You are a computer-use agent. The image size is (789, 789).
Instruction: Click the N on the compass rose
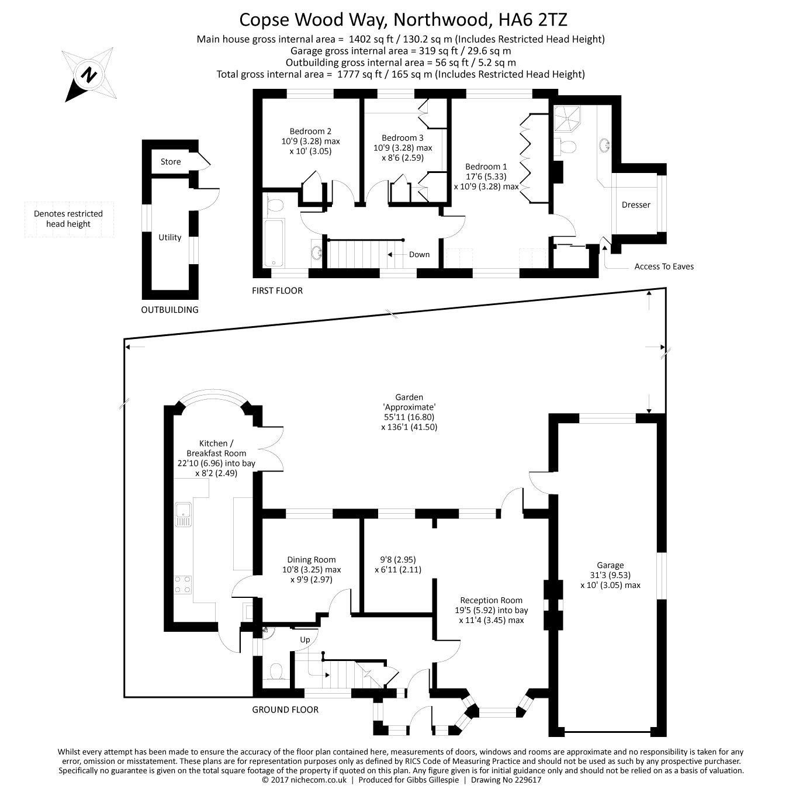coord(89,75)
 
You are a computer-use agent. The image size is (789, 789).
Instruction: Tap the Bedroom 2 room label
coord(310,131)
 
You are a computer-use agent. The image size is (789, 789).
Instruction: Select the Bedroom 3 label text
coord(403,138)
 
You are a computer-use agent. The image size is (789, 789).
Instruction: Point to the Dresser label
coord(636,205)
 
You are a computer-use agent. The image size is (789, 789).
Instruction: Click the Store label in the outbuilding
coord(171,162)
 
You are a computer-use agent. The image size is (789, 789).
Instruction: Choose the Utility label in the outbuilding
coord(170,237)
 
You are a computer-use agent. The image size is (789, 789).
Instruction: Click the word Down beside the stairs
coord(419,254)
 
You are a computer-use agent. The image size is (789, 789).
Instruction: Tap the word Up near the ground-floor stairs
coord(305,639)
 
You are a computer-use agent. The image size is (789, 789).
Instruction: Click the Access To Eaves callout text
coord(664,267)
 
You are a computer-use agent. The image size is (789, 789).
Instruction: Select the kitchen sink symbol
coord(183,514)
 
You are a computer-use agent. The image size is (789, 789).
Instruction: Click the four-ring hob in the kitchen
coord(182,584)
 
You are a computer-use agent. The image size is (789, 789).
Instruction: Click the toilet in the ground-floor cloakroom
coord(275,672)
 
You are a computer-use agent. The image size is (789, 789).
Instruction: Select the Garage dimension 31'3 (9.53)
coord(610,575)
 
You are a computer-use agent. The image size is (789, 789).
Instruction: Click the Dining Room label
coord(311,560)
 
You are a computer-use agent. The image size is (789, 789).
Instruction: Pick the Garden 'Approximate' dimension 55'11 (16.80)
coord(409,417)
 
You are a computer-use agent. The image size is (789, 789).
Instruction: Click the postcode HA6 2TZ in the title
coord(532,20)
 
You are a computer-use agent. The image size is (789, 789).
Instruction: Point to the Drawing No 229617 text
coord(506,780)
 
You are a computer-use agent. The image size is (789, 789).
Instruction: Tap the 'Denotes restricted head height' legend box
coord(69,219)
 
